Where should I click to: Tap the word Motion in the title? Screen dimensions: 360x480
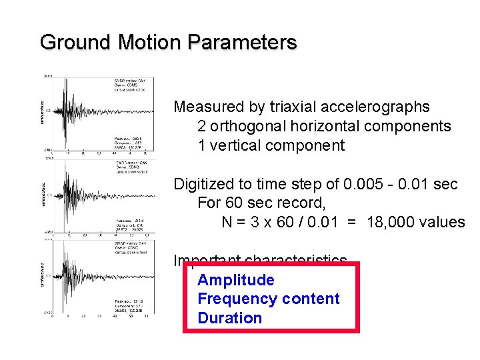click(x=150, y=43)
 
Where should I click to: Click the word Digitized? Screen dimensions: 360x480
click(x=201, y=184)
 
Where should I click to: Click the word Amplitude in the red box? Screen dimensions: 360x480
click(x=236, y=280)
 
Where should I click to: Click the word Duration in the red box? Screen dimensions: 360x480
click(x=230, y=318)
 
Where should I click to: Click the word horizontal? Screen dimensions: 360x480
click(x=321, y=127)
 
